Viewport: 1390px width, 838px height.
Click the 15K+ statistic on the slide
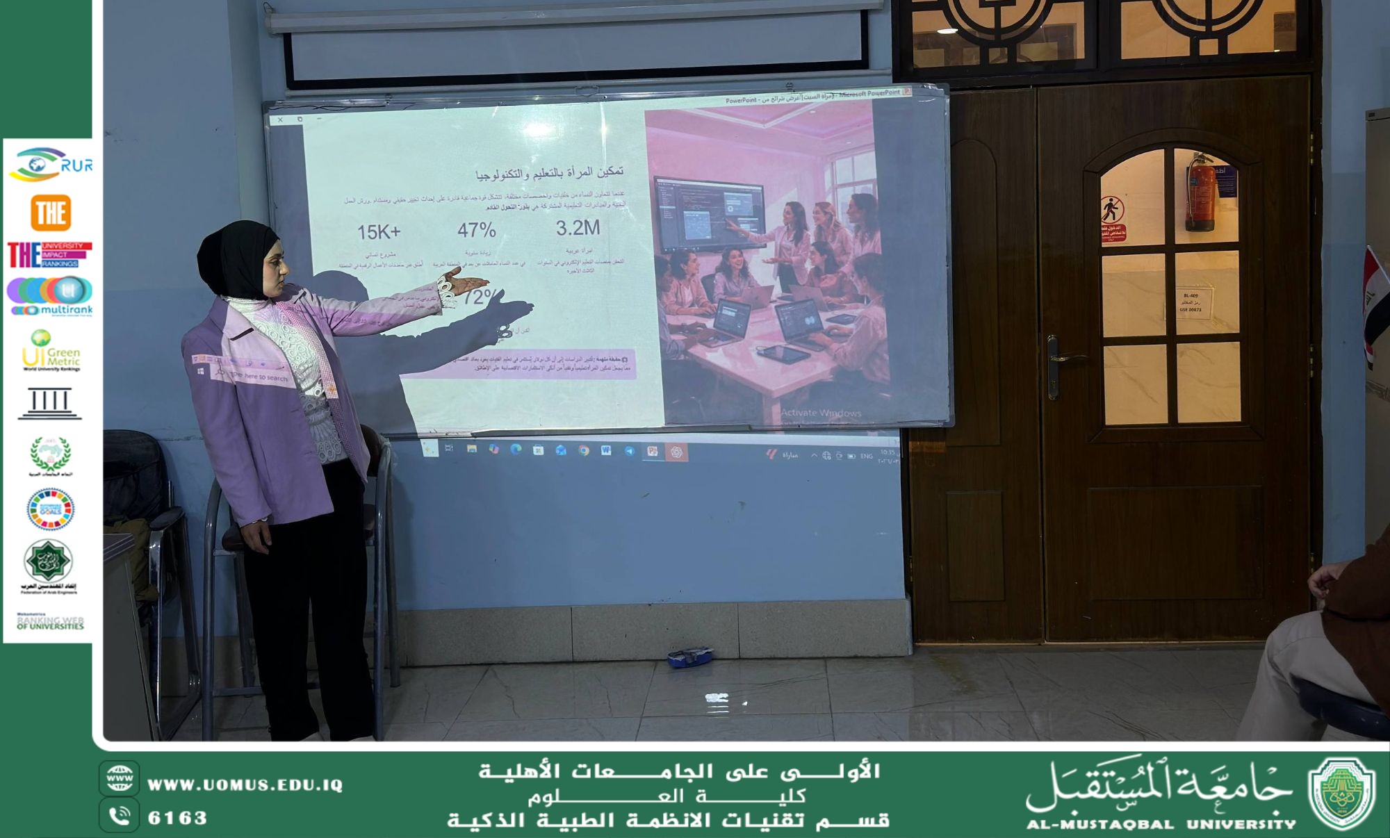pos(379,232)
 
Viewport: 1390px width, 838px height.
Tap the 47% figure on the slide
pos(476,230)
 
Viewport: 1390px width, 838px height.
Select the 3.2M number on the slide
pos(578,228)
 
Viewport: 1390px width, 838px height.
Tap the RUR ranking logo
pos(50,165)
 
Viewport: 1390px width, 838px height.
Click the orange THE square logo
pos(51,213)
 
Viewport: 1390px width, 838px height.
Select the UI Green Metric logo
pos(51,350)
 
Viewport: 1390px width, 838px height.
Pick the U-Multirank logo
pos(50,296)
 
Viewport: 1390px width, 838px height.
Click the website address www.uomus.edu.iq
pos(245,785)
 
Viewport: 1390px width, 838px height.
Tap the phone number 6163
pos(177,818)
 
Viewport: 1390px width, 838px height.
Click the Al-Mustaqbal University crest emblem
pos(1341,794)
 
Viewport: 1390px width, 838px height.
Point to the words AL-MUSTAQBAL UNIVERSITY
pos(1161,825)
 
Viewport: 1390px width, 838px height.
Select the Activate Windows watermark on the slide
pos(821,413)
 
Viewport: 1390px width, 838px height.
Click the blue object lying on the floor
pos(690,657)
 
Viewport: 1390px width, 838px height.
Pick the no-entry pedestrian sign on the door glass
pos(1112,208)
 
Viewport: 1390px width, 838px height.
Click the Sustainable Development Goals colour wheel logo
pos(50,509)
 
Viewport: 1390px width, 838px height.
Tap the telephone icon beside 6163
pos(120,816)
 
